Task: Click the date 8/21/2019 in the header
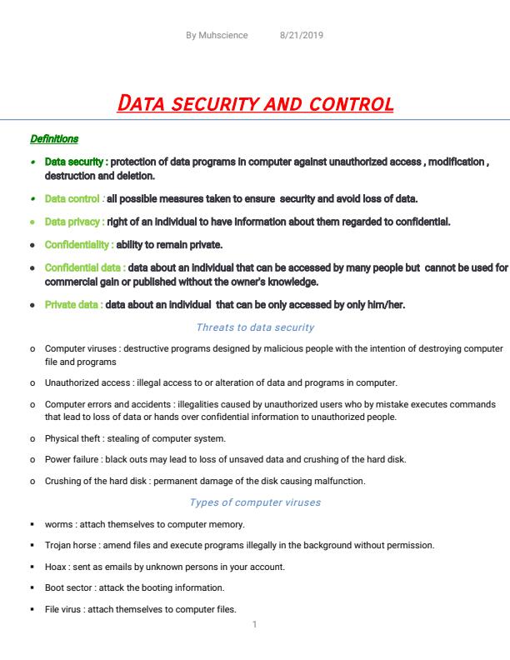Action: (x=302, y=35)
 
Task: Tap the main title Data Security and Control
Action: (x=255, y=104)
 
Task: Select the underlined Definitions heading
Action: (x=54, y=138)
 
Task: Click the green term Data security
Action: (x=74, y=162)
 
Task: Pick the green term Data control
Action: (x=72, y=198)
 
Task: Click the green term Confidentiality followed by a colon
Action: (x=79, y=245)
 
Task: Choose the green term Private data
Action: (x=72, y=304)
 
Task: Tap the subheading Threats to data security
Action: (x=255, y=327)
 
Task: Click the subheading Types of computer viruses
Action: (x=255, y=502)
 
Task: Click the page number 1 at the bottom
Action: (x=254, y=623)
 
